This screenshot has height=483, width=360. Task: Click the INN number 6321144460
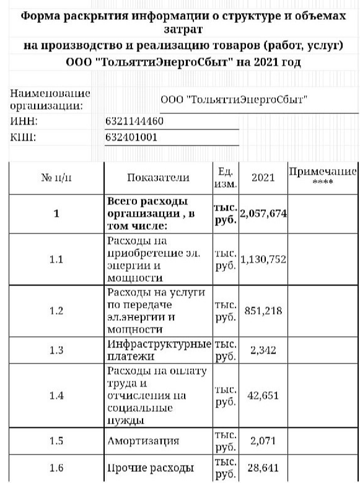[x=134, y=120]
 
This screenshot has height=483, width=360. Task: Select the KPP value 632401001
[x=131, y=137]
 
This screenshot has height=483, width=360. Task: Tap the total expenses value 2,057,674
[x=263, y=214]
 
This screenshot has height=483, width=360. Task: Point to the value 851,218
[x=263, y=311]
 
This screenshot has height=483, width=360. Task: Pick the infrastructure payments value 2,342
[x=263, y=350]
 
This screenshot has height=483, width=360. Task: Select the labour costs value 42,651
[x=263, y=396]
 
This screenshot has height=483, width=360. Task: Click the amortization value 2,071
[x=263, y=441]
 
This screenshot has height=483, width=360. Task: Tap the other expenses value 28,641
[x=263, y=468]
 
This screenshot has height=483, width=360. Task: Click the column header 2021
[x=263, y=178]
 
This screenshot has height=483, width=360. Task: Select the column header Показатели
[x=158, y=178]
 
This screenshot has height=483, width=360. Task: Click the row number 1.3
[x=56, y=350]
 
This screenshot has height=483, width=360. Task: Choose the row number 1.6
[x=56, y=468]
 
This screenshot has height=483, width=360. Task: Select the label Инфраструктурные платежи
[x=159, y=350]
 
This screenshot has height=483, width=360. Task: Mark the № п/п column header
[x=56, y=178]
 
